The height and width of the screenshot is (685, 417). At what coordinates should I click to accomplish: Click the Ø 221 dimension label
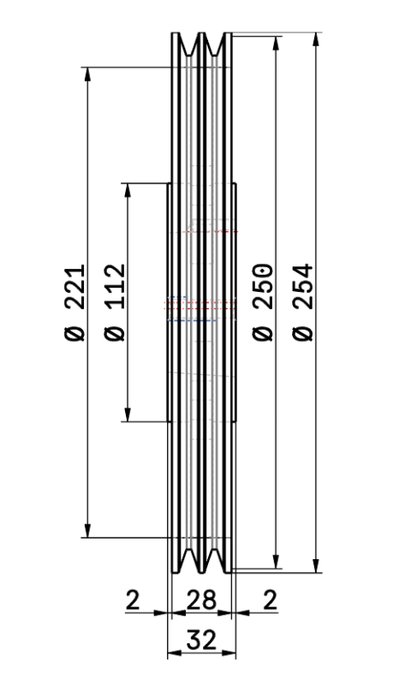click(x=74, y=302)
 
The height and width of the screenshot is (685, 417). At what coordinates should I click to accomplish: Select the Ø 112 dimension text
click(x=115, y=302)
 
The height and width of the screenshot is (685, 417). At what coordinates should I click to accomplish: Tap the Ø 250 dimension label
click(x=263, y=302)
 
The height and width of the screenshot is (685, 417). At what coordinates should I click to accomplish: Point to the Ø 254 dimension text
click(x=303, y=302)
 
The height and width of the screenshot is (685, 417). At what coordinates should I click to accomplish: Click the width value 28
click(x=201, y=600)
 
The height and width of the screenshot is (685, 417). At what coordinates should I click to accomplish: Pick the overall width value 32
click(x=201, y=640)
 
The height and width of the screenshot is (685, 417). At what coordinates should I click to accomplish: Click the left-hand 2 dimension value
click(x=133, y=600)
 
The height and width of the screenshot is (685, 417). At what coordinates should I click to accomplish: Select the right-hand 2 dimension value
click(x=271, y=600)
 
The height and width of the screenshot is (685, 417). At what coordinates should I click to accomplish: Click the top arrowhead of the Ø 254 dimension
click(x=316, y=39)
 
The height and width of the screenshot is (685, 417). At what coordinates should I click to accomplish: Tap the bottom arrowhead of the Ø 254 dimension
click(x=316, y=565)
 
